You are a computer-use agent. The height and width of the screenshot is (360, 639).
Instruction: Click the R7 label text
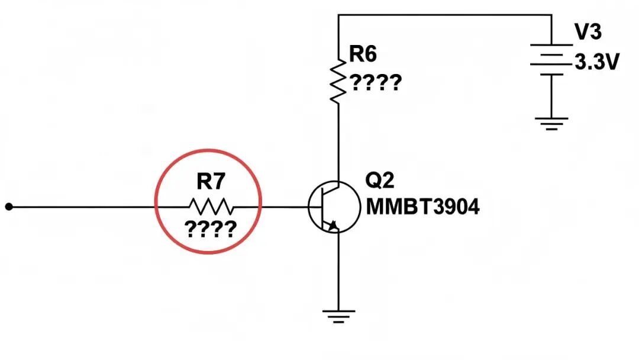point(211,181)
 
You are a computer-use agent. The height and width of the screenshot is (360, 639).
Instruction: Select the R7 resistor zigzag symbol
point(211,207)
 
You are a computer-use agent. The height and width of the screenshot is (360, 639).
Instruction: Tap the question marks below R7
point(210,229)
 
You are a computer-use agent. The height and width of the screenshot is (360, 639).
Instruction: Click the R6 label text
point(363,54)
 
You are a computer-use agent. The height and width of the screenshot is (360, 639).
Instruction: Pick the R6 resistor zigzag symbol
point(338,82)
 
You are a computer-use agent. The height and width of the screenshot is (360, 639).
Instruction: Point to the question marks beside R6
point(376,83)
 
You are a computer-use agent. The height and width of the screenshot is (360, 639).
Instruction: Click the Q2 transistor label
point(379,180)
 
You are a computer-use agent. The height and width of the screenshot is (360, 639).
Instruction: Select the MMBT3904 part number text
point(422,207)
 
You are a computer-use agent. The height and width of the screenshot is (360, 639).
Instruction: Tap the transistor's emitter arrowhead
point(333,226)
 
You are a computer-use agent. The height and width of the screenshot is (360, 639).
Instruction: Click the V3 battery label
point(588,31)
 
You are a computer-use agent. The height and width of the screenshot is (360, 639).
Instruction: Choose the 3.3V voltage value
point(596,62)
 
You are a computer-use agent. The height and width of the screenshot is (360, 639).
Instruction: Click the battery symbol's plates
point(551,60)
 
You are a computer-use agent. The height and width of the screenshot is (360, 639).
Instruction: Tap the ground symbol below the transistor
point(338,316)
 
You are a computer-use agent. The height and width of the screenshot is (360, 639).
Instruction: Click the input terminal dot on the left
point(9,207)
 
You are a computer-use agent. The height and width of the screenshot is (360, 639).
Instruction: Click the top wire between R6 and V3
point(444,15)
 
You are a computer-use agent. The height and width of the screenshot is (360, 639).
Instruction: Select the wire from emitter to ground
point(338,272)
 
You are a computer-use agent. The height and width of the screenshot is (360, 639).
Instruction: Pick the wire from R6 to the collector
point(338,143)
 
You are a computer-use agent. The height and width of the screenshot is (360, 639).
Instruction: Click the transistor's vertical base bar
point(322,207)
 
